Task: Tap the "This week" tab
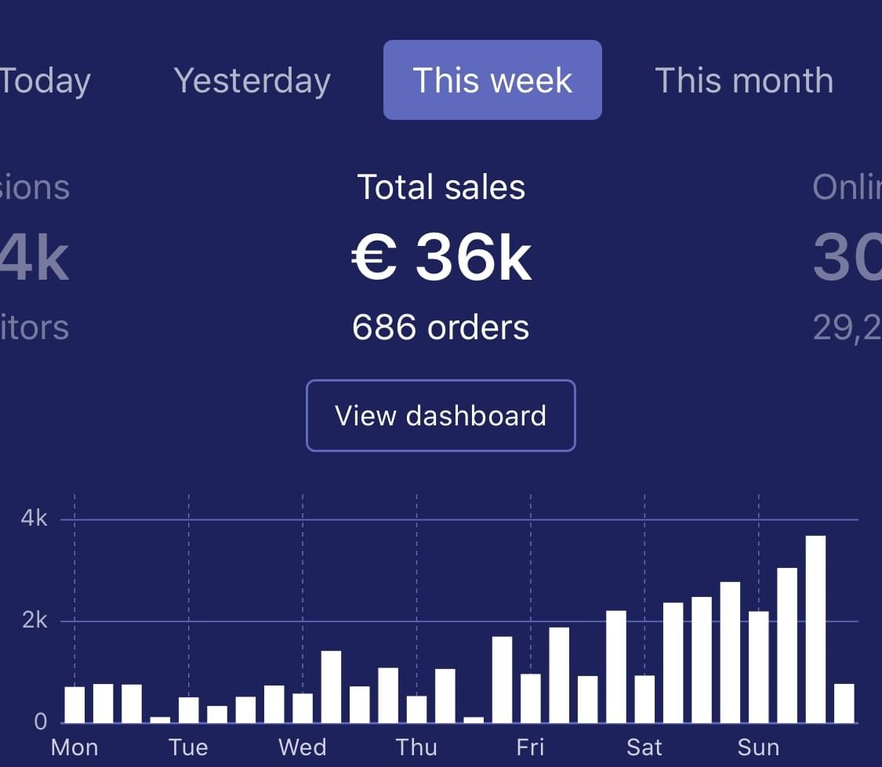[x=492, y=81]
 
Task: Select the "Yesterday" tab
[x=252, y=81]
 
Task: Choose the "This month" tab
[x=743, y=81]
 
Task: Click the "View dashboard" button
[x=441, y=415]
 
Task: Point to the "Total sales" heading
[x=441, y=187]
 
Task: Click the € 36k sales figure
[x=441, y=258]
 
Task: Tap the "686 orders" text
[x=441, y=327]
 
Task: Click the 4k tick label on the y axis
[x=34, y=519]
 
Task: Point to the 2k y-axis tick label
[x=34, y=620]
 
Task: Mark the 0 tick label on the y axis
[x=41, y=722]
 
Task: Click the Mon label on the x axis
[x=74, y=747]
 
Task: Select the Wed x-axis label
[x=302, y=747]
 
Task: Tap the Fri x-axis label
[x=531, y=747]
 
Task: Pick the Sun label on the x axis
[x=758, y=747]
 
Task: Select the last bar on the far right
[x=844, y=703]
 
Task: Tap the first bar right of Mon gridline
[x=103, y=703]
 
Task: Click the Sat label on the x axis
[x=644, y=747]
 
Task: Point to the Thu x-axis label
[x=416, y=747]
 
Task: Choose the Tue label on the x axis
[x=188, y=747]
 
